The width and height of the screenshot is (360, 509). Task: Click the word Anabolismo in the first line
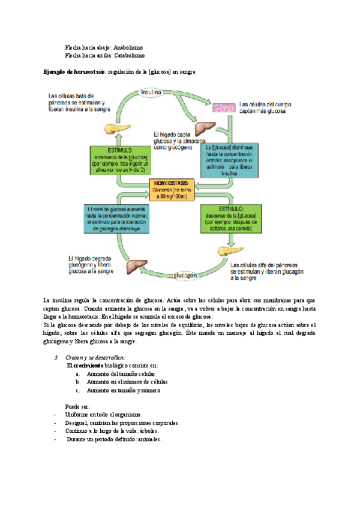click(128, 46)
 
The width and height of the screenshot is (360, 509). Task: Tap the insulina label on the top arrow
click(152, 92)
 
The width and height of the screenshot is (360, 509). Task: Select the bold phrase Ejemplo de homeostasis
click(74, 72)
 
